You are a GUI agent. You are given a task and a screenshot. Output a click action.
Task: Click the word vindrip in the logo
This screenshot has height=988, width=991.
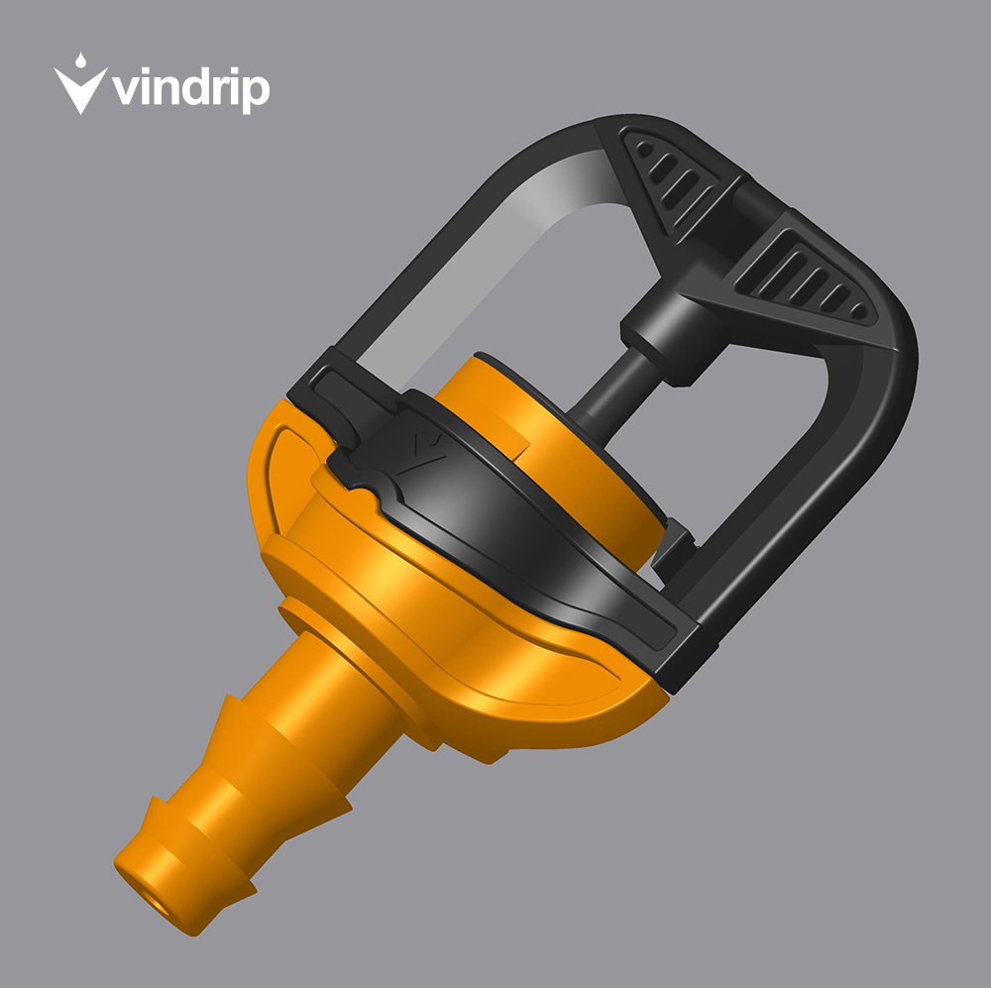coord(190,89)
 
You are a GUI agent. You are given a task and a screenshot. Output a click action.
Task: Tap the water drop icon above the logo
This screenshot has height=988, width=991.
coord(80,60)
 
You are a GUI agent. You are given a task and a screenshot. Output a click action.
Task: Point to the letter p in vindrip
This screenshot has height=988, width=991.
coord(257,93)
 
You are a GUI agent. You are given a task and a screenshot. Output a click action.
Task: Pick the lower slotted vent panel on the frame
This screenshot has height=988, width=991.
coord(807,278)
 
